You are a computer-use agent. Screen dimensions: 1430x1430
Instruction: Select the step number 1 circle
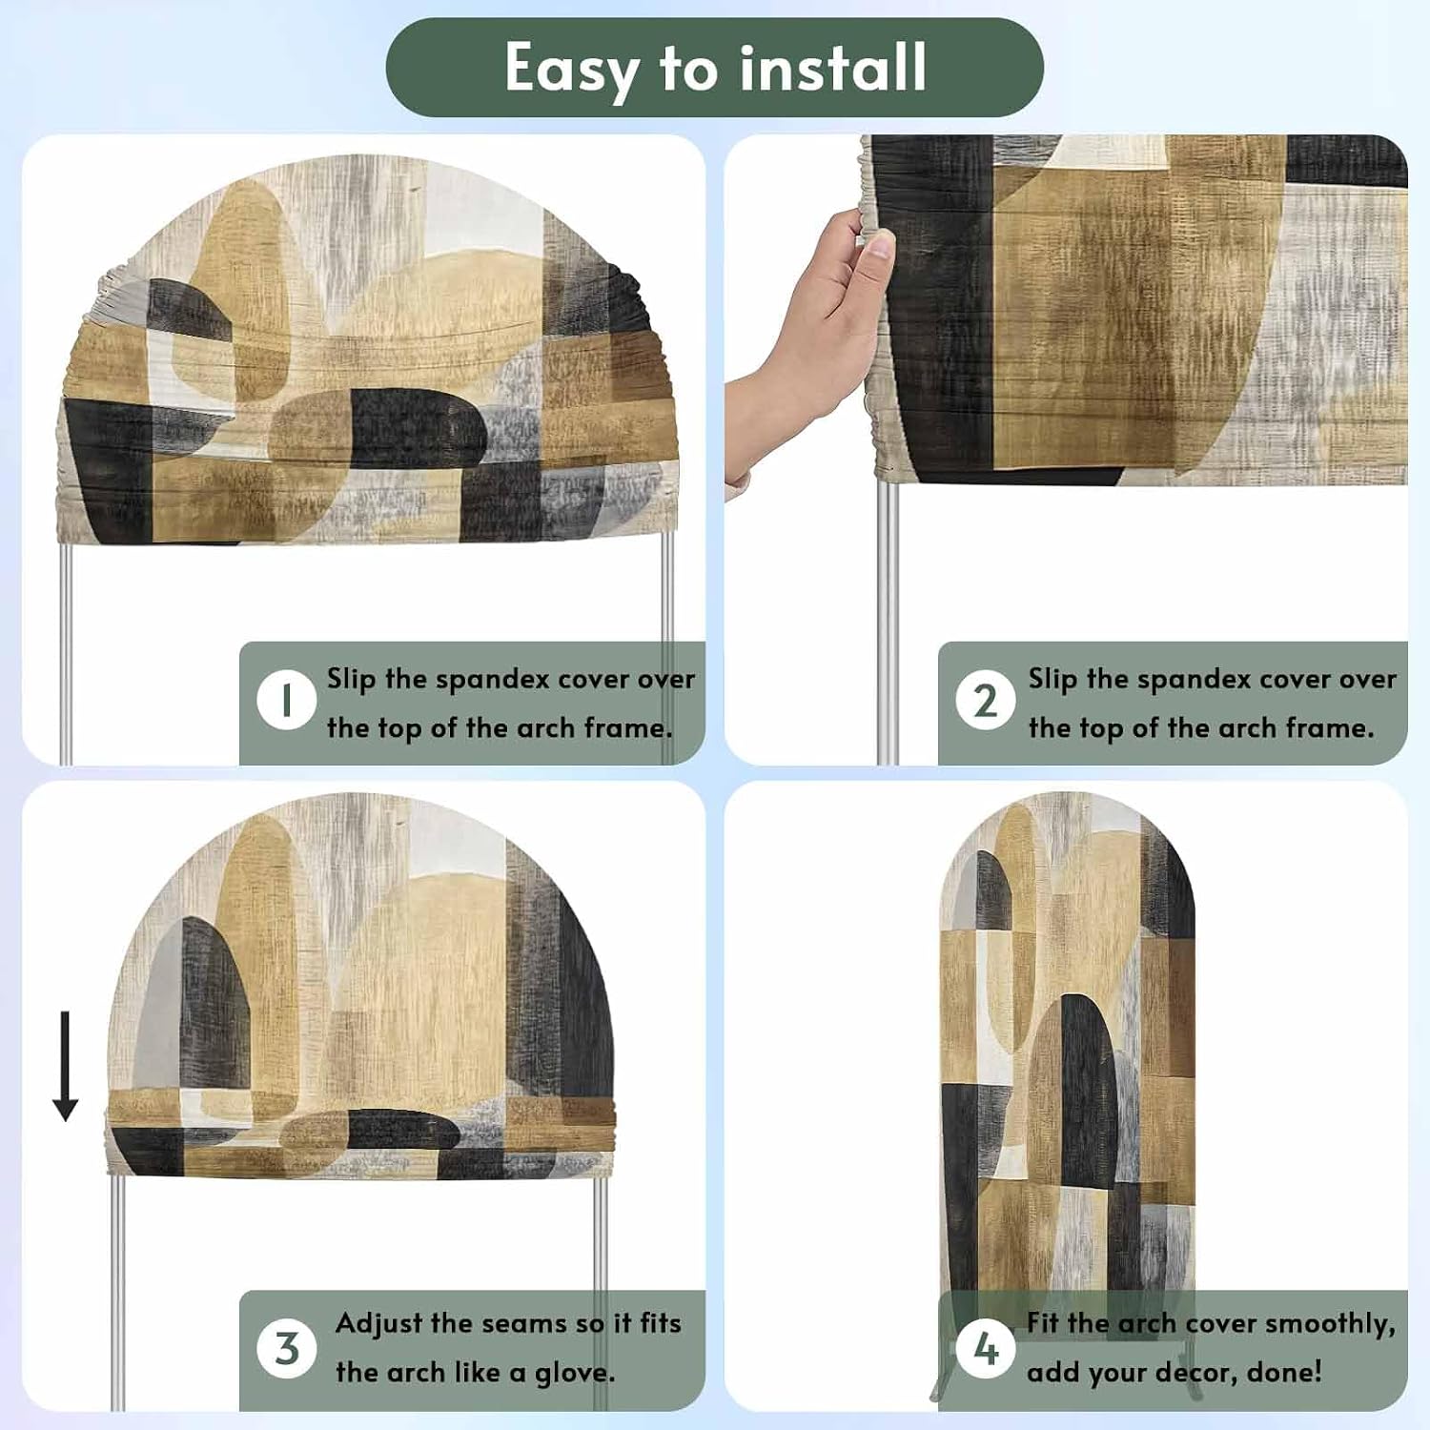click(x=286, y=701)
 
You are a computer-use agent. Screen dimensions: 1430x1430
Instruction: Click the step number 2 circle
click(x=986, y=701)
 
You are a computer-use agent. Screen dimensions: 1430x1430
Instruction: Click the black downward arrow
click(x=65, y=1066)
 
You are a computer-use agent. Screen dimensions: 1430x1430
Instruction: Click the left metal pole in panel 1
click(x=66, y=654)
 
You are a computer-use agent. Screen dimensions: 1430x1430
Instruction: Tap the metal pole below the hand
click(x=887, y=620)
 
